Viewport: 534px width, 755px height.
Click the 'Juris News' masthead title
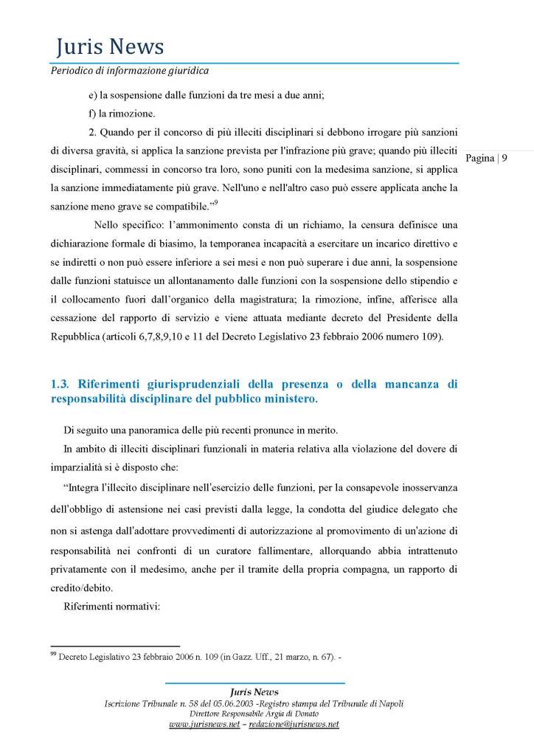[109, 47]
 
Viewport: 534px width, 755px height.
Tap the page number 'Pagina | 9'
[487, 158]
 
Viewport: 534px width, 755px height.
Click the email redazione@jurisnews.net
[293, 725]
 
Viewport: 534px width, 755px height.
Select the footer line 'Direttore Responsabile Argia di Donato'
[254, 714]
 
